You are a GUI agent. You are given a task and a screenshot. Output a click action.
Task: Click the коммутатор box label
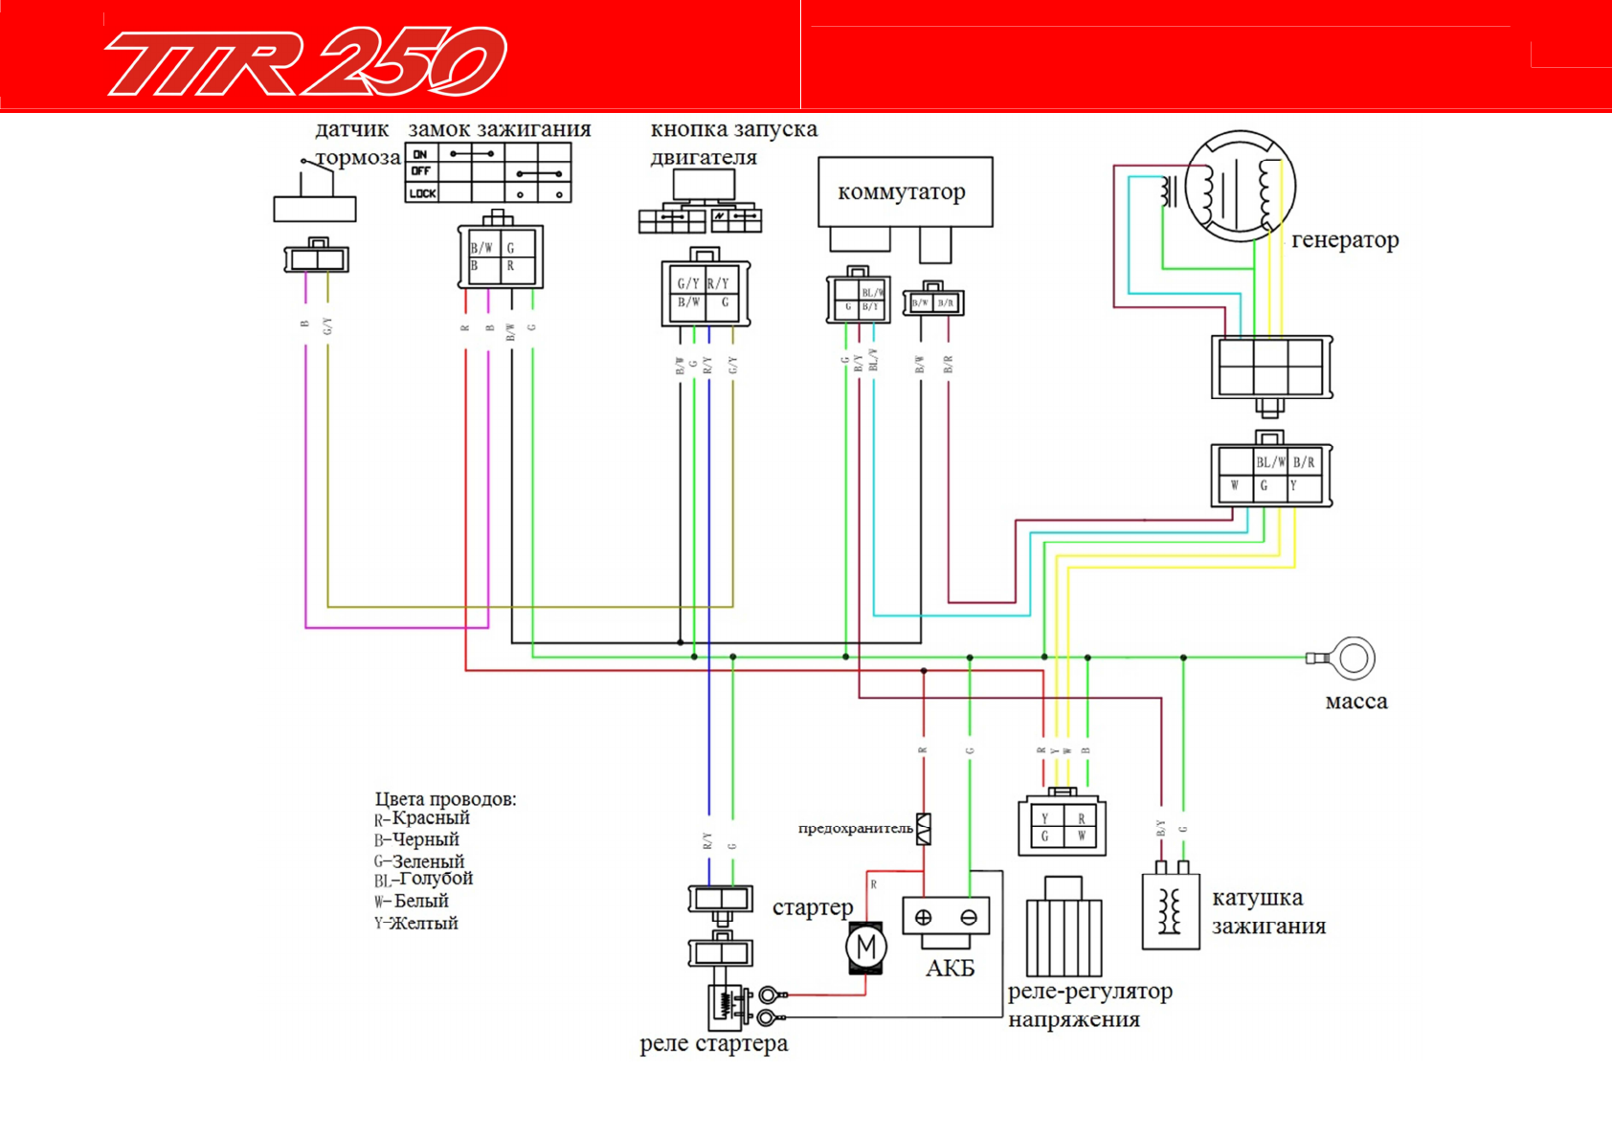tap(901, 191)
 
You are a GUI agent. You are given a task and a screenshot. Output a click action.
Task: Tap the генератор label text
tap(1345, 239)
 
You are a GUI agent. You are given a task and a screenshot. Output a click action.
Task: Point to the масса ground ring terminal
tap(1353, 659)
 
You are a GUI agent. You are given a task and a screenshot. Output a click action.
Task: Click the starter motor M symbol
tap(866, 948)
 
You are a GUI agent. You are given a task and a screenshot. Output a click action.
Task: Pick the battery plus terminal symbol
tap(923, 917)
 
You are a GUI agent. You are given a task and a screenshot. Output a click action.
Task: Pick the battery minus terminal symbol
tap(968, 917)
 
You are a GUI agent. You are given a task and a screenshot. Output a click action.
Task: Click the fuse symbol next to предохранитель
tap(924, 829)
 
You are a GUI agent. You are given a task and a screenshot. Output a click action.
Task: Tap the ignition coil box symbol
tap(1170, 911)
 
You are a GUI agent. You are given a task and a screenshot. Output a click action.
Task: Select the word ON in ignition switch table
tap(420, 153)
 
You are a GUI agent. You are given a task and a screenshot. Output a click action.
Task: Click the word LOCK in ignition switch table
tap(422, 193)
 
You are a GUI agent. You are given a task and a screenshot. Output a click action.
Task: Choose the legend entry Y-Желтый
tap(416, 924)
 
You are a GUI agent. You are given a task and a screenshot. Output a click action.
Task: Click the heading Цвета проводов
tap(445, 799)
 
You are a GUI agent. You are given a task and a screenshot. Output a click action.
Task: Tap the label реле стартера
tap(713, 1043)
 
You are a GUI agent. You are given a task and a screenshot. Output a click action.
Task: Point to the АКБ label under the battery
tap(950, 969)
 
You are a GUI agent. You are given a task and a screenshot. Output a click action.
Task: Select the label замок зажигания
tap(499, 129)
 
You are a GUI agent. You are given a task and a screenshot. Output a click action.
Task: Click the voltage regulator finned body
tap(1063, 936)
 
